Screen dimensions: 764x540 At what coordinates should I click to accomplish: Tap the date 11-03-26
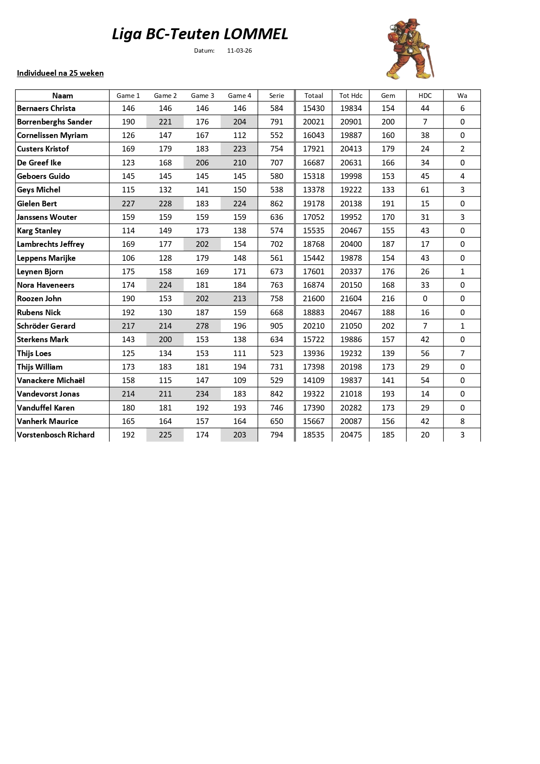[x=239, y=50]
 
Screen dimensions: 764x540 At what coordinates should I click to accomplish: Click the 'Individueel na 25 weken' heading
[x=60, y=73]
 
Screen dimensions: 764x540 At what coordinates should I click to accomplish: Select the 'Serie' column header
[x=276, y=96]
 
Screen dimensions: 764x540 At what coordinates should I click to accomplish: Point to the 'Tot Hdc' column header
[x=351, y=96]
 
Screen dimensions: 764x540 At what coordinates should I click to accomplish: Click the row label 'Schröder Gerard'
[x=46, y=326]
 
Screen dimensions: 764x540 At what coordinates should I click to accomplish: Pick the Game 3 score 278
[x=202, y=326]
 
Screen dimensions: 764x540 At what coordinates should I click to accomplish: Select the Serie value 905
[x=276, y=326]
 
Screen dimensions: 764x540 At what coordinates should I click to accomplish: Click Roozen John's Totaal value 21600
[x=313, y=299]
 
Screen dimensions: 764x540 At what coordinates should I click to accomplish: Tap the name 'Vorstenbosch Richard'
[x=56, y=435]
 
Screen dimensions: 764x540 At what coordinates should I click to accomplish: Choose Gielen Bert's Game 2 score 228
[x=165, y=204]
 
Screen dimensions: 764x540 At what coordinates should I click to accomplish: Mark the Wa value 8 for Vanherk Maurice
[x=462, y=421]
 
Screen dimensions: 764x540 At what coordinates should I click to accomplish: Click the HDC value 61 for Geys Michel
[x=425, y=190]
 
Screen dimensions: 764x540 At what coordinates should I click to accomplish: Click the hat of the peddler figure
[x=414, y=22]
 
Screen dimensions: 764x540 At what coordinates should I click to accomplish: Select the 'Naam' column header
[x=62, y=96]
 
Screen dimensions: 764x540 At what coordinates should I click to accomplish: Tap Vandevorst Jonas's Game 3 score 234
[x=202, y=394]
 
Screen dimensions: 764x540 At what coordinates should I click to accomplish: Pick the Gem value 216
[x=388, y=299]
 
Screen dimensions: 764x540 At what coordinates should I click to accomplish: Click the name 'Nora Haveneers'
[x=46, y=285]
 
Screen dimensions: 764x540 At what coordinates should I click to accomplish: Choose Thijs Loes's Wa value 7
[x=462, y=353]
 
